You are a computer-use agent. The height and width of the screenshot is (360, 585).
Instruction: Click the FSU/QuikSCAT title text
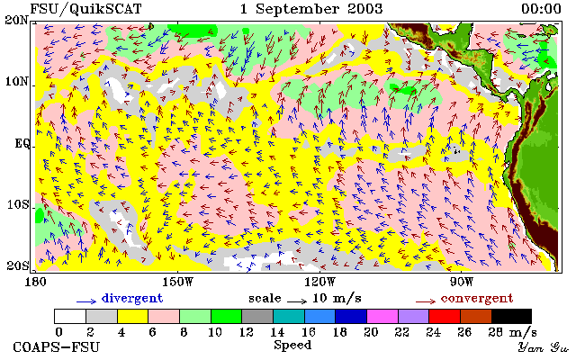[x=85, y=9]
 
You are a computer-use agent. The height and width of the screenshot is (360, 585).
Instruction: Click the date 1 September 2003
[x=311, y=9]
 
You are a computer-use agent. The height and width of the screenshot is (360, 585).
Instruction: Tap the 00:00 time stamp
[x=541, y=9]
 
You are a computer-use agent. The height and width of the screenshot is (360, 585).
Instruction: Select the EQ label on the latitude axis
[x=22, y=143]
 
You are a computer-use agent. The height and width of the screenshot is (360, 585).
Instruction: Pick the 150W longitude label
[x=178, y=282]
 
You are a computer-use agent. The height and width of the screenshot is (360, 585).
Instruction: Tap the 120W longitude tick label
[x=319, y=282]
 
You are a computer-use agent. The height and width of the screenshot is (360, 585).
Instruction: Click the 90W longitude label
[x=462, y=282]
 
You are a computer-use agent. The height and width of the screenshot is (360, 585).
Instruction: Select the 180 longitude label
[x=35, y=282]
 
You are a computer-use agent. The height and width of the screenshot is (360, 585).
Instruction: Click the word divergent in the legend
[x=132, y=299]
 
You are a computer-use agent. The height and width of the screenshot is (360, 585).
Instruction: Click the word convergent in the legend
[x=477, y=299]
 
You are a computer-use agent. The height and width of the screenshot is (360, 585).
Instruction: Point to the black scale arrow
[x=297, y=301]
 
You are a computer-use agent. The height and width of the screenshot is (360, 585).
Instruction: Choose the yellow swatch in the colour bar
[x=133, y=316]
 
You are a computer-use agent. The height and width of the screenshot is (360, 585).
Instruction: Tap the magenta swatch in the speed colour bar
[x=382, y=316]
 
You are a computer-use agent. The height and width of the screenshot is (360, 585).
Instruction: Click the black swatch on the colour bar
[x=511, y=316]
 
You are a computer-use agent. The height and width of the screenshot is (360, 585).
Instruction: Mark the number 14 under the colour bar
[x=277, y=331]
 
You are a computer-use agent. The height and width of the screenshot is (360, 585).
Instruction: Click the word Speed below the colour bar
[x=292, y=346]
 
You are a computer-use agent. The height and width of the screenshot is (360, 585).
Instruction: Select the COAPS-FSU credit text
[x=57, y=346]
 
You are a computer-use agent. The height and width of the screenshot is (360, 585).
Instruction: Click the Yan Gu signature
[x=544, y=347]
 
